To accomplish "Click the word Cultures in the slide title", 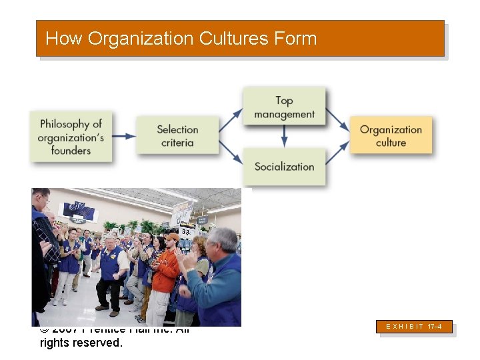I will (x=233, y=39).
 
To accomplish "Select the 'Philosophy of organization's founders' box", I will (x=71, y=137).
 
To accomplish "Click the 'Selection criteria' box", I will (x=177, y=135).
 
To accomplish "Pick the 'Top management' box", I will (x=284, y=107).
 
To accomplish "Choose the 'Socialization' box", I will (x=284, y=167).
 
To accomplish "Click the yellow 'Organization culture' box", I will (x=391, y=136).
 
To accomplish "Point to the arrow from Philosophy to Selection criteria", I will (x=124, y=136).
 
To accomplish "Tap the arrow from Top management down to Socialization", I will (x=284, y=137).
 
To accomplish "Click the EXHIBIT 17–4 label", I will (x=416, y=327).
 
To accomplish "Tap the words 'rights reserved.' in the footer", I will (x=81, y=343).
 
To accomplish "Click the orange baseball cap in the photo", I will (x=172, y=237).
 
